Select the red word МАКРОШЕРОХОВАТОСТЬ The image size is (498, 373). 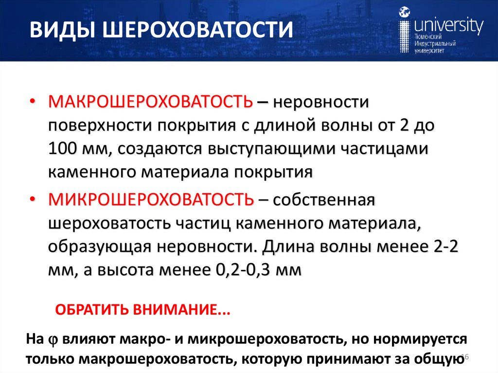(150, 103)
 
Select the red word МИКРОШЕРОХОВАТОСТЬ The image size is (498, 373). (150, 199)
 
